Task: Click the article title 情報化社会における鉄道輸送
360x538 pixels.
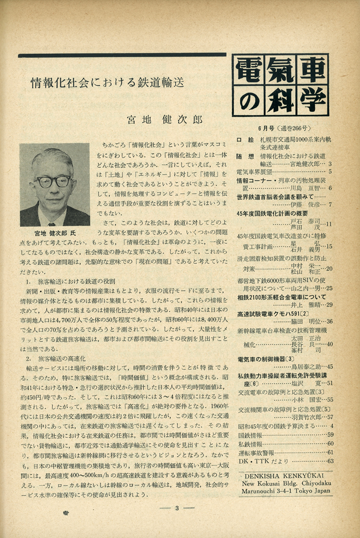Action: click(107, 83)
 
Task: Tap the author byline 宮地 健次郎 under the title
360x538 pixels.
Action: click(165, 119)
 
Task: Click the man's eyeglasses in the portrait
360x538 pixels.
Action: click(53, 181)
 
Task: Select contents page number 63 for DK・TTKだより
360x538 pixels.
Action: click(330, 460)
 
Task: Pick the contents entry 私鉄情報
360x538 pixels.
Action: click(250, 443)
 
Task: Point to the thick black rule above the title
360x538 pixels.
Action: click(122, 55)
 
